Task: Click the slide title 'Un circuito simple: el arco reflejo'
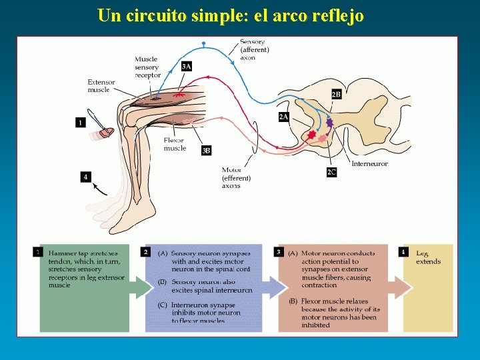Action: click(231, 15)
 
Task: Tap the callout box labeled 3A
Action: click(187, 66)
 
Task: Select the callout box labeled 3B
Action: click(207, 151)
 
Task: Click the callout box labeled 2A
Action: click(283, 117)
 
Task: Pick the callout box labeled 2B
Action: click(337, 95)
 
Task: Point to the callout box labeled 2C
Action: click(331, 172)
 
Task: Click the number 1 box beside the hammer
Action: click(81, 122)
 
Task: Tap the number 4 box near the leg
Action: click(85, 177)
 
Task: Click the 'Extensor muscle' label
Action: click(101, 86)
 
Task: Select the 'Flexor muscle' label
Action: click(175, 144)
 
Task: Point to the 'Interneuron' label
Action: click(369, 163)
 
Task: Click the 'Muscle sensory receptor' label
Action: click(147, 67)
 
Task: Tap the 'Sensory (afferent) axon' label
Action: click(254, 49)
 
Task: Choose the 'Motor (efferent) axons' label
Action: click(236, 178)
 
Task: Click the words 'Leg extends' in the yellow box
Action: click(428, 257)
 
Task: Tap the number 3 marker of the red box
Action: click(278, 252)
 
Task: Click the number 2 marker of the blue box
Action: click(145, 252)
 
